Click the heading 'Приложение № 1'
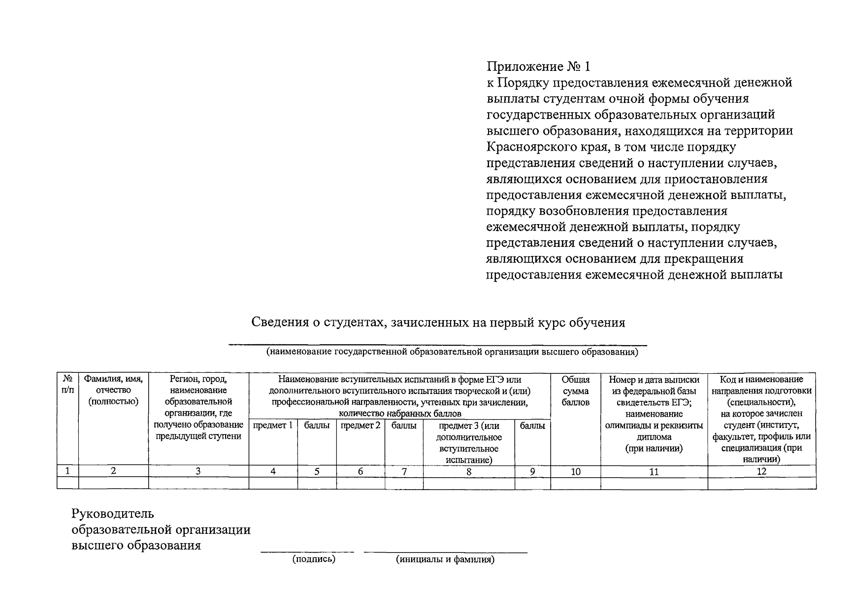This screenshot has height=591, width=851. pos(538,66)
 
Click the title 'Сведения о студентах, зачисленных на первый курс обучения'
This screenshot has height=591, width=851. pos(438,323)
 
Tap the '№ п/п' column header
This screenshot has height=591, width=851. pos(68,385)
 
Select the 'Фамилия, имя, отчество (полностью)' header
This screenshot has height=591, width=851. pos(113,390)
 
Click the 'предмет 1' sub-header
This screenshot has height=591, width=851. pos(273,426)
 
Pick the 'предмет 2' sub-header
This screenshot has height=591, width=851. pos(360,426)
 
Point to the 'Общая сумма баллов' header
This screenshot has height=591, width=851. pos(575,391)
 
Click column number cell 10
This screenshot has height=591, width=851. pos(575,472)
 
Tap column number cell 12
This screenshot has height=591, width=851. pos(761,472)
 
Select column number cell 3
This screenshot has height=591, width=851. pos(198,471)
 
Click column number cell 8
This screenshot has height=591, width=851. pos(469,472)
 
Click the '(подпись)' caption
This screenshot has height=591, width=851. pos(314,559)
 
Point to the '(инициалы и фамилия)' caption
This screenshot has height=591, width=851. pos(445,559)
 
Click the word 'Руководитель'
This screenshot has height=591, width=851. pos(113,514)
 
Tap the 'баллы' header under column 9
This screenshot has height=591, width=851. pos(532,426)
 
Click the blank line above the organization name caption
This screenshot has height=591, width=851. pos(438,345)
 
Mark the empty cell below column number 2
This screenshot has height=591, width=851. pos(113,483)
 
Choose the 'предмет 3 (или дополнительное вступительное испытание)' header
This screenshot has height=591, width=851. pos(469,443)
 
